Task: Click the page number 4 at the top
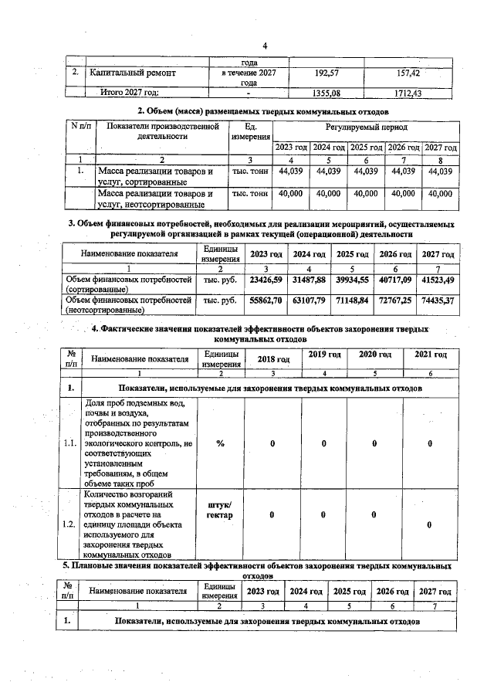pyautogui.click(x=264, y=46)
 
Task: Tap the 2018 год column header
pyautogui.click(x=273, y=358)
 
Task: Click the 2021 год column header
pyautogui.click(x=430, y=355)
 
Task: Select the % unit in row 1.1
pyautogui.click(x=221, y=443)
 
